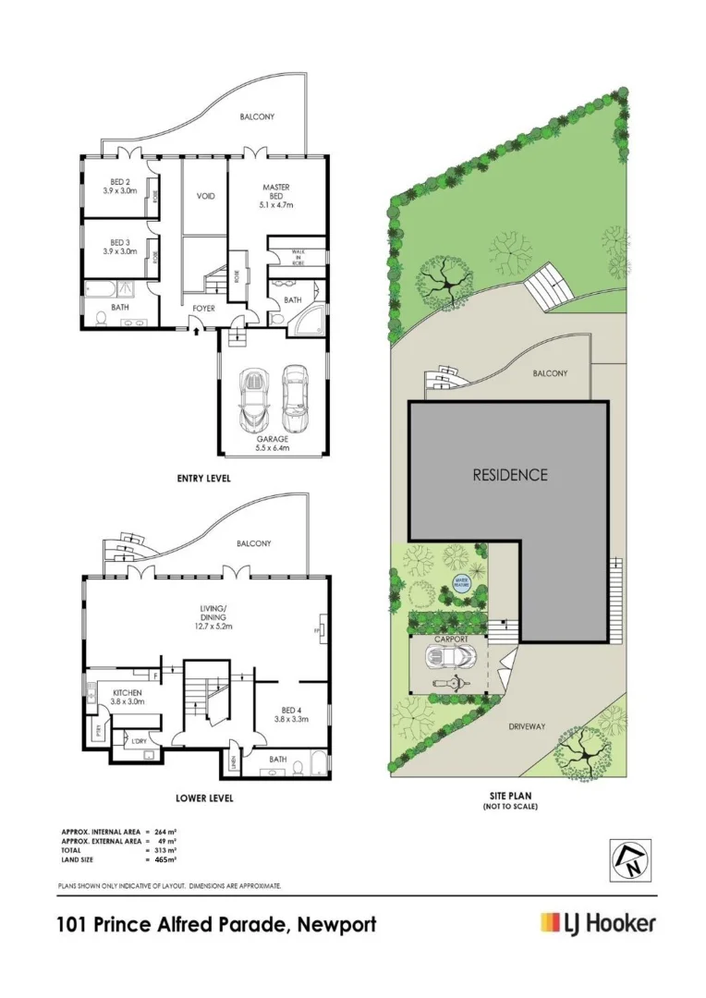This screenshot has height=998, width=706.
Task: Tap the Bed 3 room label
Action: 119,245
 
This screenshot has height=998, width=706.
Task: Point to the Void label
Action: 206,196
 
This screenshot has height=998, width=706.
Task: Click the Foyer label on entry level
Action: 204,309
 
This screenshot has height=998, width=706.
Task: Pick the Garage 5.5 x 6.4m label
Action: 273,443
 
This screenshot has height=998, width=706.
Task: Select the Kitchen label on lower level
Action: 126,697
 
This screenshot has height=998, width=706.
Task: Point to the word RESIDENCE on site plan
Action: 510,475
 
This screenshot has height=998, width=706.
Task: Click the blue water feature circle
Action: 460,582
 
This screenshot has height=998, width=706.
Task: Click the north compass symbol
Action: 629,860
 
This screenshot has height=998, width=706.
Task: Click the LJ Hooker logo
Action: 598,922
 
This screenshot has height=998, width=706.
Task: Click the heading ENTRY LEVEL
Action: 204,479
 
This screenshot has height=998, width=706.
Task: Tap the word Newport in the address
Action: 337,924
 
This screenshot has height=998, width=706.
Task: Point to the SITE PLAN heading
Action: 509,795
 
